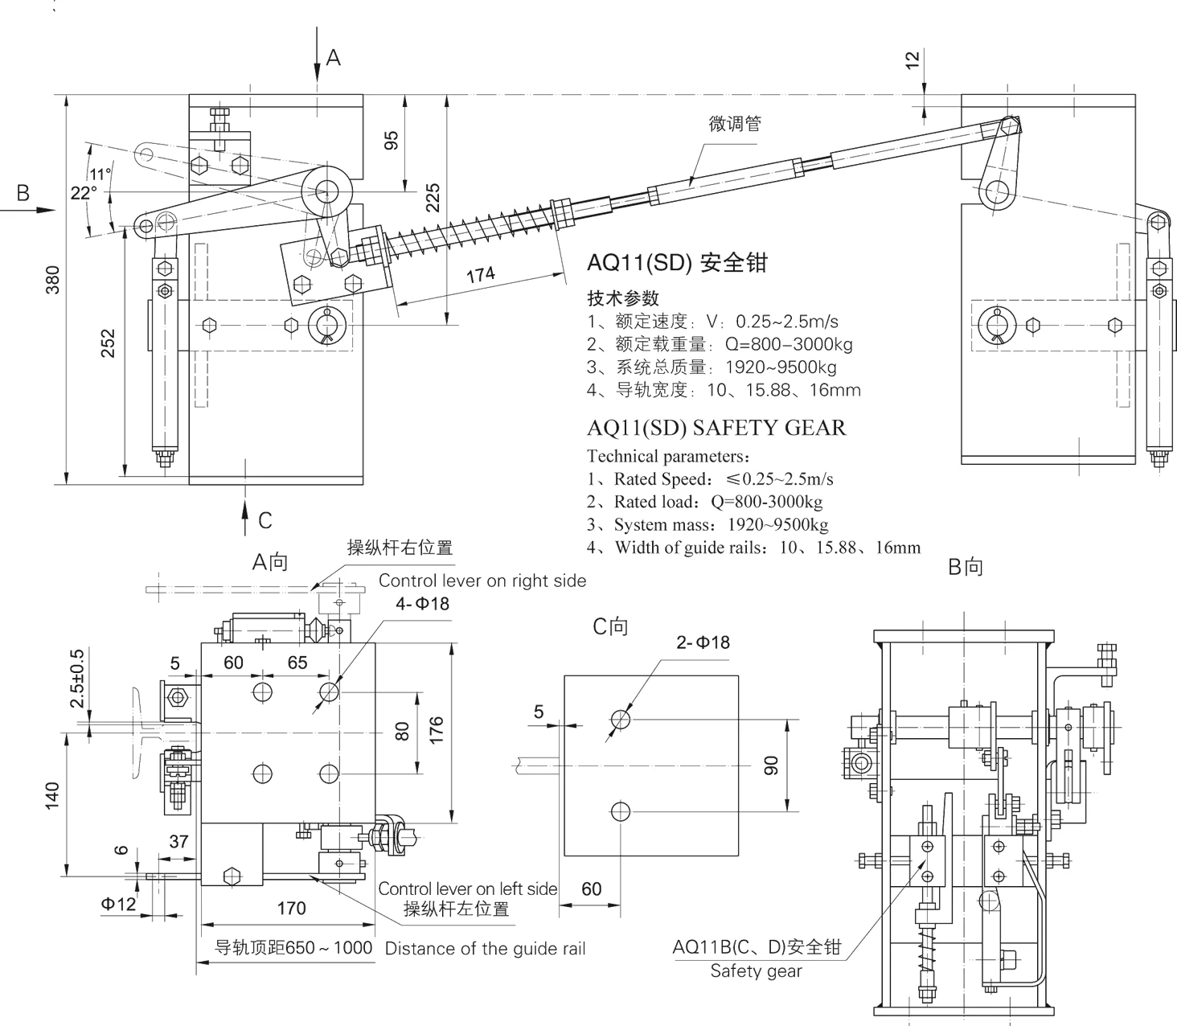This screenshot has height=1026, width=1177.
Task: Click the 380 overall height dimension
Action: point(52,279)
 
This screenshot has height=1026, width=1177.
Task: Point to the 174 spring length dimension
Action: point(481,275)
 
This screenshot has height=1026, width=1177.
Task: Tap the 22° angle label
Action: point(84,193)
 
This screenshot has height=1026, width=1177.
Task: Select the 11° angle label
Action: point(100,174)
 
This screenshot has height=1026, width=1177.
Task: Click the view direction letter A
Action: point(333,58)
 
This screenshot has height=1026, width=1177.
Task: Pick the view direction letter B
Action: point(23,193)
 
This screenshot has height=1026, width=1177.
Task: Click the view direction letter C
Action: point(265,521)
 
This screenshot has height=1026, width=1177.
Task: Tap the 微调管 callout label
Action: point(734,124)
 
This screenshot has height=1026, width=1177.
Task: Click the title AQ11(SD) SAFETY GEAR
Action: point(716,428)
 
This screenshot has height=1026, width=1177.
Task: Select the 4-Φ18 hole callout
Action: point(422,603)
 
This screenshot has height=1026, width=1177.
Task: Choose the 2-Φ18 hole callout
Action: point(703,642)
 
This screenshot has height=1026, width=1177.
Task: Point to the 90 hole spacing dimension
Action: point(770,765)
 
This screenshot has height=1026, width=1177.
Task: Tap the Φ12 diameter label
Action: point(118,904)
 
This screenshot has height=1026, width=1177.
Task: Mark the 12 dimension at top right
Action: point(912,60)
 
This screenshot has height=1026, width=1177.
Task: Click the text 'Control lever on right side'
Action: point(482,581)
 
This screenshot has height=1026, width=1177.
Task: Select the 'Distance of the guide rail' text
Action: point(485,949)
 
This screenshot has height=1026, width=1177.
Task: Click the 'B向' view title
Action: point(966,567)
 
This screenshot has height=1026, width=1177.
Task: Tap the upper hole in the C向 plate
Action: point(620,719)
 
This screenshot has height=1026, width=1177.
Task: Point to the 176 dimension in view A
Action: point(437,730)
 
